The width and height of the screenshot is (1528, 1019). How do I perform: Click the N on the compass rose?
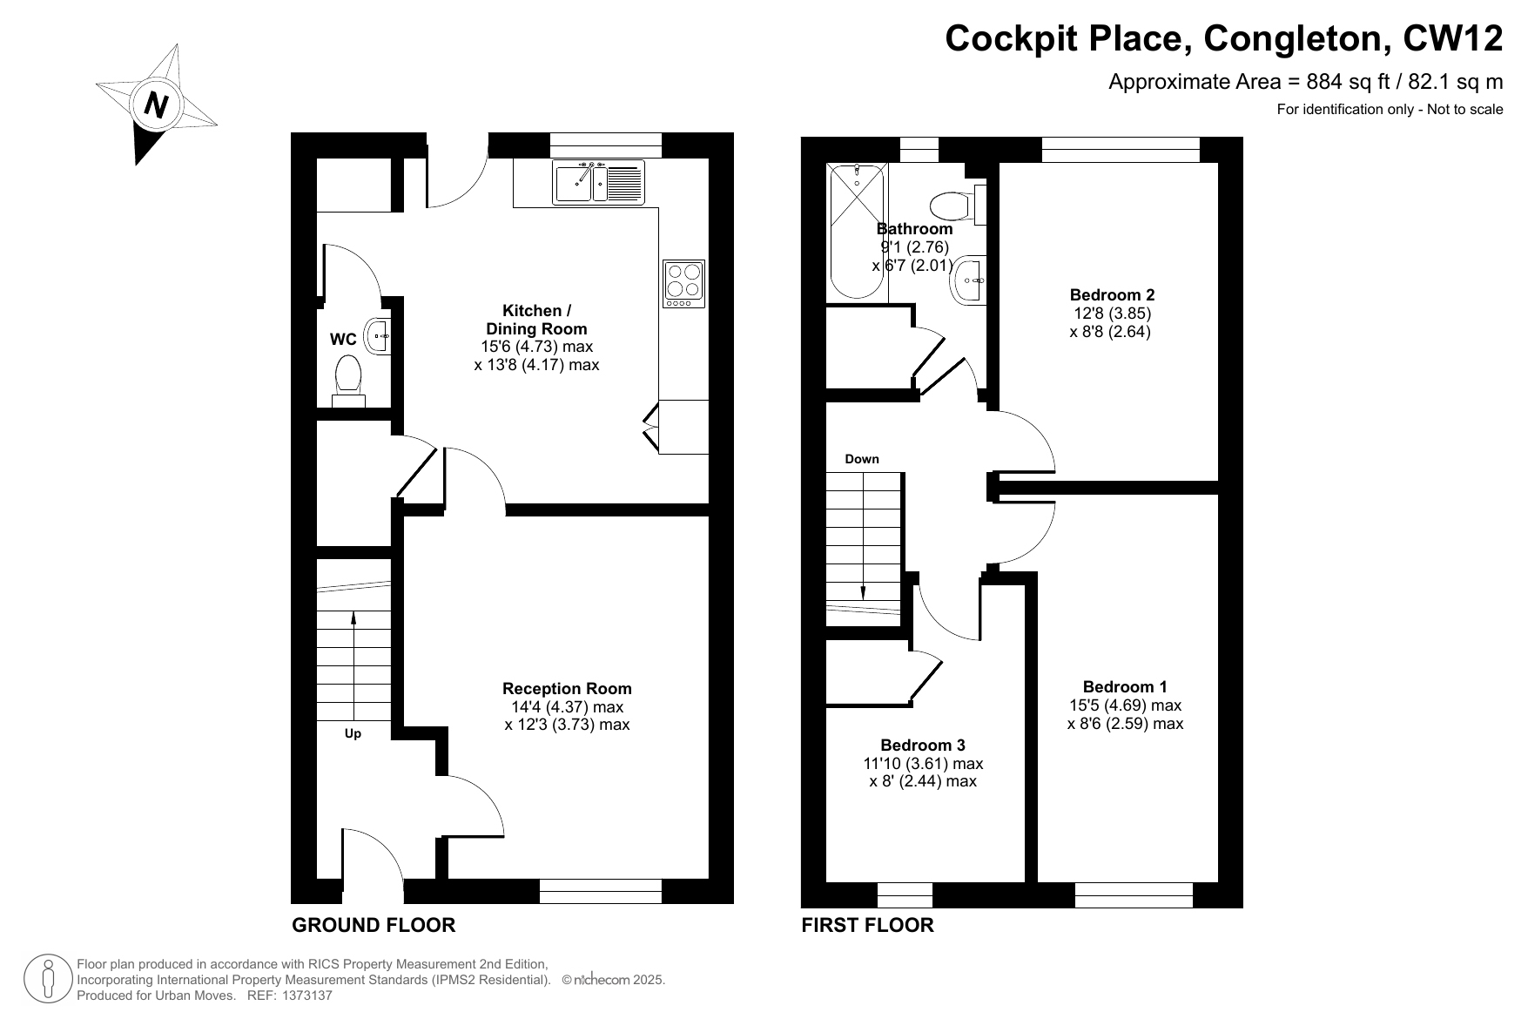coord(157,105)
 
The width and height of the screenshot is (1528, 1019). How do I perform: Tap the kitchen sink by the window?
coord(598,183)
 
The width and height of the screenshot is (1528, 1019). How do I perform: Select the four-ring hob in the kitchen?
coord(683,283)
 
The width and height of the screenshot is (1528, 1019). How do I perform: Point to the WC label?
coord(343,340)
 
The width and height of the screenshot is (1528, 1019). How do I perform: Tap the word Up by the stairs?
coord(353,733)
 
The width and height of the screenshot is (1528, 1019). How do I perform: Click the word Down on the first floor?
coord(862,459)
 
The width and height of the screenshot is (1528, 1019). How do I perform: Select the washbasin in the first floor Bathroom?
coord(970,280)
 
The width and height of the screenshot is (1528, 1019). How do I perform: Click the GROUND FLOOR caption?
coord(374,925)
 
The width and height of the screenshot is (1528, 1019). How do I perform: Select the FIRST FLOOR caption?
coord(867,925)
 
